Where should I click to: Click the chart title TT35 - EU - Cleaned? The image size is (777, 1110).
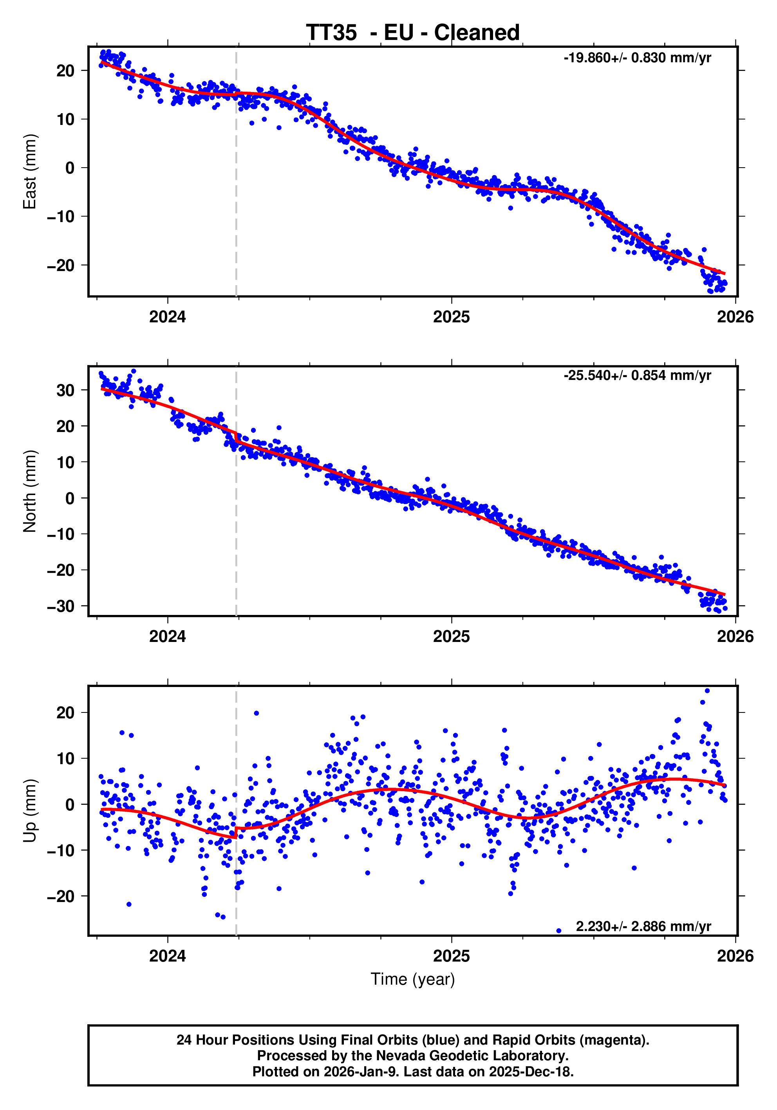coord(412,33)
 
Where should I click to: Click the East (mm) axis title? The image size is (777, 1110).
coord(30,172)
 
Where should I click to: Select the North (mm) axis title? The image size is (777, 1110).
coord(30,491)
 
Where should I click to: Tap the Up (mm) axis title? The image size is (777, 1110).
coord(30,811)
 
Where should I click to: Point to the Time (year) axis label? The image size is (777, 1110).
coord(412,979)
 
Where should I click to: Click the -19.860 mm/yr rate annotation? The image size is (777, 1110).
coord(637,58)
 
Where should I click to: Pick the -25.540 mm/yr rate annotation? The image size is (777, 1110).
coord(637,376)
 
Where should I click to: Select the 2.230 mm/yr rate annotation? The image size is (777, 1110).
coord(643,926)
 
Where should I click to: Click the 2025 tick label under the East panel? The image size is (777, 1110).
coord(451,317)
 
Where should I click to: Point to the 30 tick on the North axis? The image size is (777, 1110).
coord(65,390)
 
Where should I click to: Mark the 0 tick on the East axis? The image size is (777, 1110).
coord(70,168)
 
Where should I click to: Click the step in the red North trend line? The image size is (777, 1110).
coord(236,437)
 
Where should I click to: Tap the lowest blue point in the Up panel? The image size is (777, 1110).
coord(558,931)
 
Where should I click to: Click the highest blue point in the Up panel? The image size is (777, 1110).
coord(707,691)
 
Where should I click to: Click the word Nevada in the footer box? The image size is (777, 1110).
coord(396,1056)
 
